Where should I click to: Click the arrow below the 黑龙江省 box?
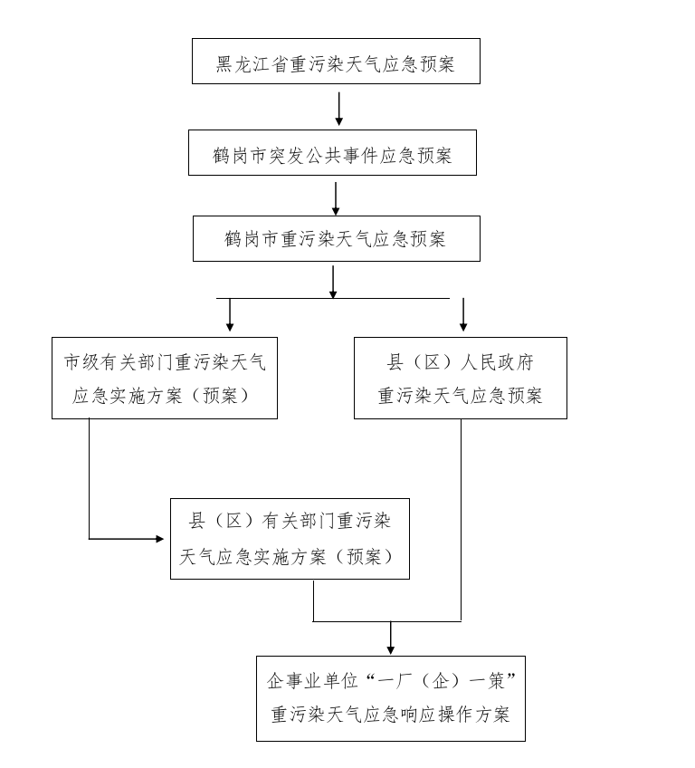(x=338, y=109)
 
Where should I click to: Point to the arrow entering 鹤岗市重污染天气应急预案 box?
(x=335, y=199)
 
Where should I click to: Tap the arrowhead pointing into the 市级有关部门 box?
(x=230, y=326)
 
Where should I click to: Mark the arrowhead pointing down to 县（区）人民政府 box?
(x=463, y=326)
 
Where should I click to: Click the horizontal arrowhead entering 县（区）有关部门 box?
(x=159, y=539)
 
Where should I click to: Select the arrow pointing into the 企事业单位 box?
(x=390, y=638)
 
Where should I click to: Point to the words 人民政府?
(x=497, y=362)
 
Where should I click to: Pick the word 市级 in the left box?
(x=81, y=362)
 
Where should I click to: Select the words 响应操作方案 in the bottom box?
(x=456, y=715)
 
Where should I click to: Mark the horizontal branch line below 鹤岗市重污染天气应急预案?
(x=333, y=298)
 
